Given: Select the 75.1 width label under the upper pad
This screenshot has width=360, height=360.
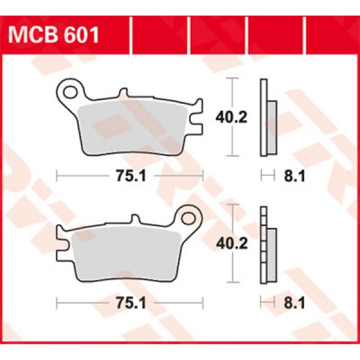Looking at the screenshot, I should click(130, 175).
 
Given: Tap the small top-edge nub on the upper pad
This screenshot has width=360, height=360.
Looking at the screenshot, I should click(124, 94).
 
